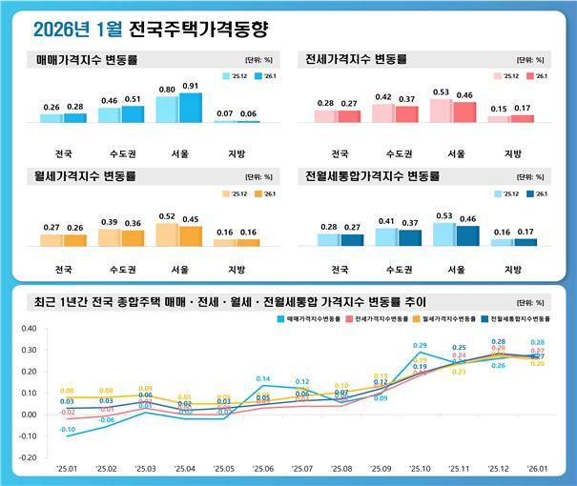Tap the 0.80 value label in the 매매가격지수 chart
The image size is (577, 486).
pos(166,90)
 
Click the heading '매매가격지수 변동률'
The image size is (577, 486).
pos(86,59)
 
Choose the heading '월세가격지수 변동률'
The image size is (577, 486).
pos(86,176)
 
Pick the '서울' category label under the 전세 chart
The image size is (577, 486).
pos(455,153)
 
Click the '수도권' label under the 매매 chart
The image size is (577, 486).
pos(120,153)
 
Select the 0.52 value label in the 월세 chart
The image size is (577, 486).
pos(166,215)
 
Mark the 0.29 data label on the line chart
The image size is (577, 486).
pos(420,346)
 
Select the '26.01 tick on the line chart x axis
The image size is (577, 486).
pos(536,470)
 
